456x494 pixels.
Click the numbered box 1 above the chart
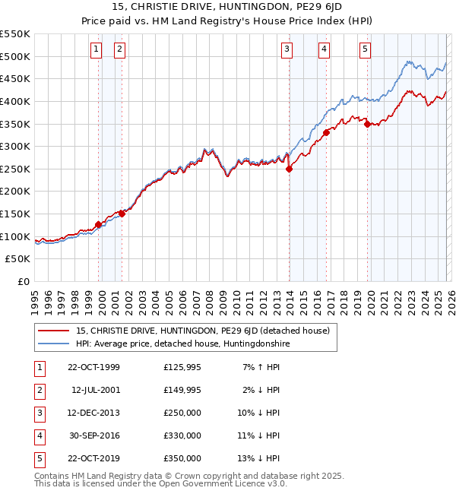point(97,49)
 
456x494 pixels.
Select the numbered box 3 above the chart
point(287,49)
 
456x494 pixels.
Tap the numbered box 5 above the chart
point(365,49)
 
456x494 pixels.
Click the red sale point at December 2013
point(289,169)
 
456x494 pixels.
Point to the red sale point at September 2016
point(326,132)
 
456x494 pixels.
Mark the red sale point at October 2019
point(367,124)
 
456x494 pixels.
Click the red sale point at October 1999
point(99,224)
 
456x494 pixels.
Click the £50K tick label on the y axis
point(18,259)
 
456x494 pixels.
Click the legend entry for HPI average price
point(182,344)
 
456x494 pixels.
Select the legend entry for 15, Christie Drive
point(202,331)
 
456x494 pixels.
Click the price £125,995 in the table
point(182,367)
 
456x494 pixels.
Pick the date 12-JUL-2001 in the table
point(95,390)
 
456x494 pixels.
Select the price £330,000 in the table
point(182,435)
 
